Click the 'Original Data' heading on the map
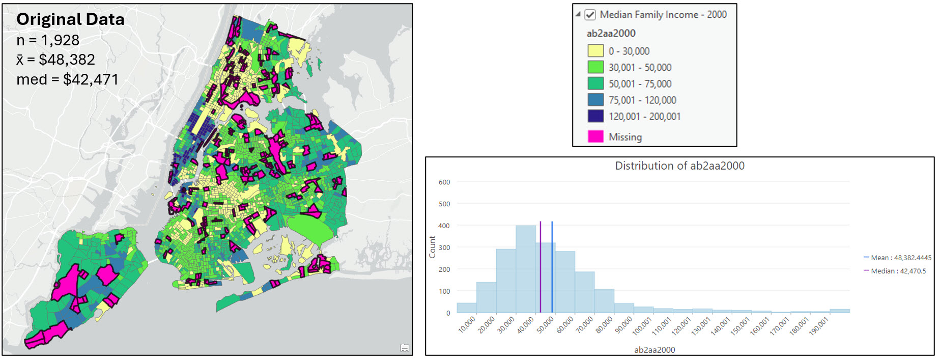coord(70,19)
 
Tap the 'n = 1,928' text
coord(48,40)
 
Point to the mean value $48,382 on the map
coord(66,60)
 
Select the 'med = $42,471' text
coord(67,79)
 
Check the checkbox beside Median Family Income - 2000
coord(590,15)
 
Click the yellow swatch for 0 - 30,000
coord(595,51)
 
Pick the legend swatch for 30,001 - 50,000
coord(595,67)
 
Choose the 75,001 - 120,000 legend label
coord(642,100)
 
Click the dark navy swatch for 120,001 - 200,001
coord(595,116)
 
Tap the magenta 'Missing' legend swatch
coord(595,136)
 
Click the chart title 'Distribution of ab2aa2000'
coord(679,166)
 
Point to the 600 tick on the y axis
coord(444,182)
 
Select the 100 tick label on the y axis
coord(444,291)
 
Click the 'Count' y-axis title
coord(432,247)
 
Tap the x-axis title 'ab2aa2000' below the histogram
coord(654,350)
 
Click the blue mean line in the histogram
coord(552,265)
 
